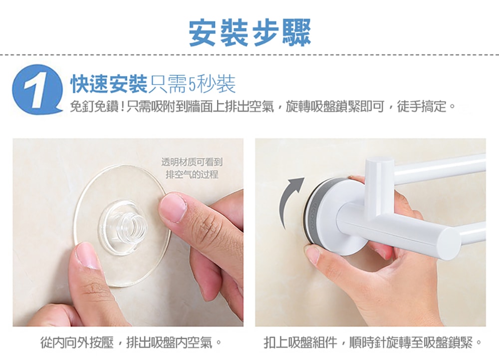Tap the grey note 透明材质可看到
point(192,162)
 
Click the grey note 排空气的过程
point(192,174)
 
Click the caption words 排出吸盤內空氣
point(169,343)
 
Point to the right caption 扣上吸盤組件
point(300,343)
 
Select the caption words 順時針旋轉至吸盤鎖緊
point(411,343)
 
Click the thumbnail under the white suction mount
point(313,254)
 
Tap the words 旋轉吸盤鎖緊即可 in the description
point(335,107)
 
